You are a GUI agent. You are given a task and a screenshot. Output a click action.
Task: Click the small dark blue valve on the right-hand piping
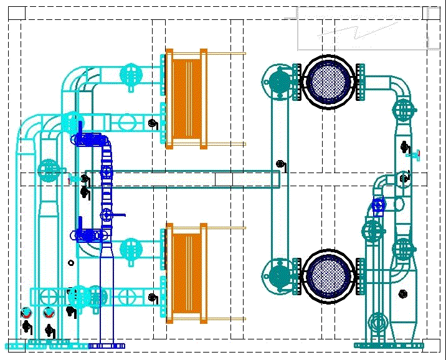click(378, 204)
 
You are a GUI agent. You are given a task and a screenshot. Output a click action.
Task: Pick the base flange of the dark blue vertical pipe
click(107, 346)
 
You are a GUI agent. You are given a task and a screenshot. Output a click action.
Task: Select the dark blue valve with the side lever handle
click(108, 216)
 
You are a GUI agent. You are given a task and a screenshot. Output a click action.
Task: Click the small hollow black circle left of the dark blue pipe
click(71, 263)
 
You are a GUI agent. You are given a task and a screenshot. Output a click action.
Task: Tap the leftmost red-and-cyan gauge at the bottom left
click(26, 312)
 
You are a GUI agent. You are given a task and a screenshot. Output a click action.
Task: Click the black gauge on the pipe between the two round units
click(281, 164)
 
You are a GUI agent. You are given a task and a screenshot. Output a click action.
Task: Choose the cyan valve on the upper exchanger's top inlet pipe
click(130, 75)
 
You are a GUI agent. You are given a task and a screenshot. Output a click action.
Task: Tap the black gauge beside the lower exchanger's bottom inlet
click(153, 298)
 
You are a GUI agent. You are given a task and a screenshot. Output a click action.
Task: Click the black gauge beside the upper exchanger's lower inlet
click(153, 124)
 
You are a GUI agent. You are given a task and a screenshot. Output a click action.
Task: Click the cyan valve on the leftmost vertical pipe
click(48, 169)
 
